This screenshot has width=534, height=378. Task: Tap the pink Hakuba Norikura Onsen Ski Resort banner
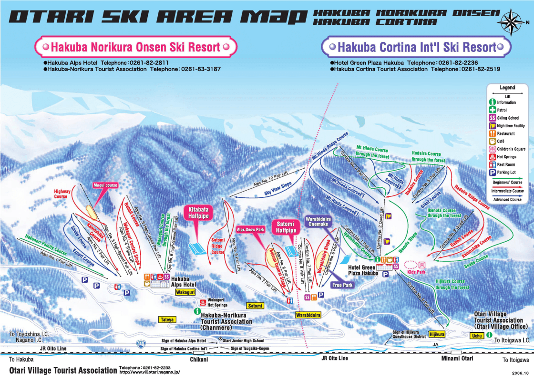135,47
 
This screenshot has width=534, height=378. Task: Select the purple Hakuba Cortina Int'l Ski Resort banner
417,47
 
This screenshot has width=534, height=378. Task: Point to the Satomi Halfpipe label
284,227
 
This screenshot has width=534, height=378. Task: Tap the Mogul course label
105,185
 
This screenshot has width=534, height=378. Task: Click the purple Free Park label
342,285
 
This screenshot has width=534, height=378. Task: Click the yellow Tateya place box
167,319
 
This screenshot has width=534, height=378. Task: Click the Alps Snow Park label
250,229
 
